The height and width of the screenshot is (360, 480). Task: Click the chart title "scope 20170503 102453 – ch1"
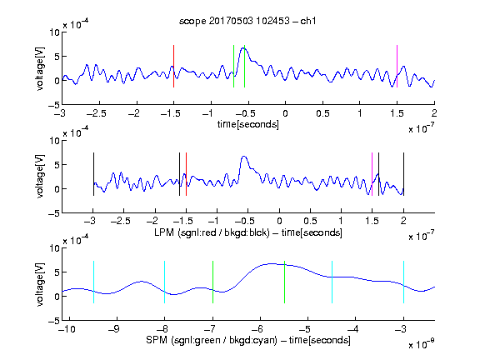click(247, 21)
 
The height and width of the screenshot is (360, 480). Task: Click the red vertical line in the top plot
click(173, 66)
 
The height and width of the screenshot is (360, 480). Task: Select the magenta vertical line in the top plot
click(397, 66)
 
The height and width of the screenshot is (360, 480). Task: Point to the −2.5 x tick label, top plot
click(97, 113)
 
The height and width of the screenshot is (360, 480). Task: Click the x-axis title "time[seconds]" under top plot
click(248, 124)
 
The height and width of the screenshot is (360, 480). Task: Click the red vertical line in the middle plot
click(186, 174)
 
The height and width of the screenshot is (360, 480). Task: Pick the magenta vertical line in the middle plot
click(372, 174)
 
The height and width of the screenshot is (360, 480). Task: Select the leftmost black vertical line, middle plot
click(93, 174)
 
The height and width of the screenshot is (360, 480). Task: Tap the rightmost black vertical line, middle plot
click(403, 174)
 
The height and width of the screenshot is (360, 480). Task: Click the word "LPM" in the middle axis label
click(164, 232)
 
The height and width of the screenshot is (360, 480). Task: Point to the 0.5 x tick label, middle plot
click(310, 221)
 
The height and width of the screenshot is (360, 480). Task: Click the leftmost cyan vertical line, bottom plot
click(93, 282)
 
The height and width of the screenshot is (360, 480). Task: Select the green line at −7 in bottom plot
click(212, 282)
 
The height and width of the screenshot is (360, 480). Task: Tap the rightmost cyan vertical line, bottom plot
click(403, 282)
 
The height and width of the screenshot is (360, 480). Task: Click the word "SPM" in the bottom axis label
click(157, 340)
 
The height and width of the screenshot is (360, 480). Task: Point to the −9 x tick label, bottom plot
click(113, 329)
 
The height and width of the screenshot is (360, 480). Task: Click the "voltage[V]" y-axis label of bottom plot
click(40, 284)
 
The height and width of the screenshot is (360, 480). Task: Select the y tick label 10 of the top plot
click(55, 32)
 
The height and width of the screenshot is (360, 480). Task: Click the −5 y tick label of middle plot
click(54, 213)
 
